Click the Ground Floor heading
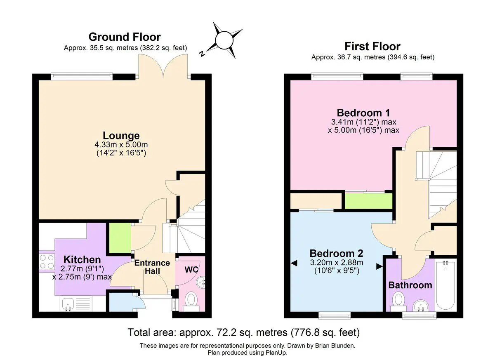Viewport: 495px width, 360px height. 125,37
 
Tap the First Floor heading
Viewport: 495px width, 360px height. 372,46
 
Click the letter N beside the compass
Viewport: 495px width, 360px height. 202,54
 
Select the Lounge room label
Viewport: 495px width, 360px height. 121,136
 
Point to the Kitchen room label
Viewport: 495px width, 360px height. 82,259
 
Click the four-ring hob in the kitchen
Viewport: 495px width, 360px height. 47,262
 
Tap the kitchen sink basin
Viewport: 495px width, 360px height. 68,304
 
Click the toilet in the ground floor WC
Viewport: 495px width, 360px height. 191,301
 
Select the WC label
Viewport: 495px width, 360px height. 191,269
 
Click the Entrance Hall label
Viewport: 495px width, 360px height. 152,267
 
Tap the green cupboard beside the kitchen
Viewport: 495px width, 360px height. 120,238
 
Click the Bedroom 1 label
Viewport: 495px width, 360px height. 363,113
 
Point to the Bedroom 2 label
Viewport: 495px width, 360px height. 336,253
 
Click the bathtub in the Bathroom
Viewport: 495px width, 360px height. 445,285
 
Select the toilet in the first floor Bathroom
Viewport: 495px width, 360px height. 398,302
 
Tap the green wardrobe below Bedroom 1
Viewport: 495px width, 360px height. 369,201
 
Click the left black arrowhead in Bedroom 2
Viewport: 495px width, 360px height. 294,263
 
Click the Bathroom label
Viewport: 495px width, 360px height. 410,285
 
